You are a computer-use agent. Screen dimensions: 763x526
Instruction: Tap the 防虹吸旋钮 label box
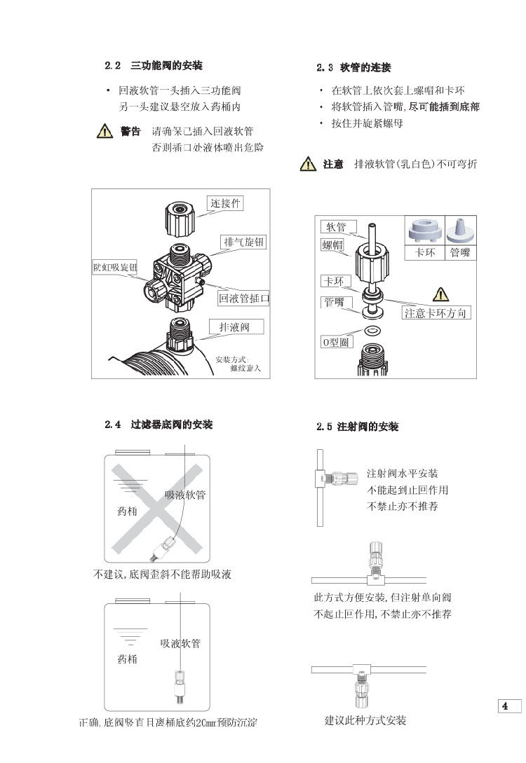tap(115, 268)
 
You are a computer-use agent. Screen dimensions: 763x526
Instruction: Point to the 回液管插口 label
tap(243, 298)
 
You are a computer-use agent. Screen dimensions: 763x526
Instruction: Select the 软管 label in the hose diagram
tap(334, 227)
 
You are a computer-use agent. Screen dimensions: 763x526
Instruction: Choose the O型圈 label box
tap(335, 341)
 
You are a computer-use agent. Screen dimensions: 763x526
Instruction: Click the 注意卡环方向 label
tap(435, 312)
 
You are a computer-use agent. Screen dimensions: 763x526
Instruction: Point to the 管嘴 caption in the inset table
tap(460, 253)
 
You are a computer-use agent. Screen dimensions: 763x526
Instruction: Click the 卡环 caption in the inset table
tap(425, 253)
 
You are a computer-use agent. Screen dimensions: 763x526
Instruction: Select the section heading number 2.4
tap(113, 425)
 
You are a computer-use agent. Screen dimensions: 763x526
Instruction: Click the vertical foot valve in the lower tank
tap(179, 682)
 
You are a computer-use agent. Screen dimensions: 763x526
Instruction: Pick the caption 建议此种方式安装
tap(365, 721)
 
